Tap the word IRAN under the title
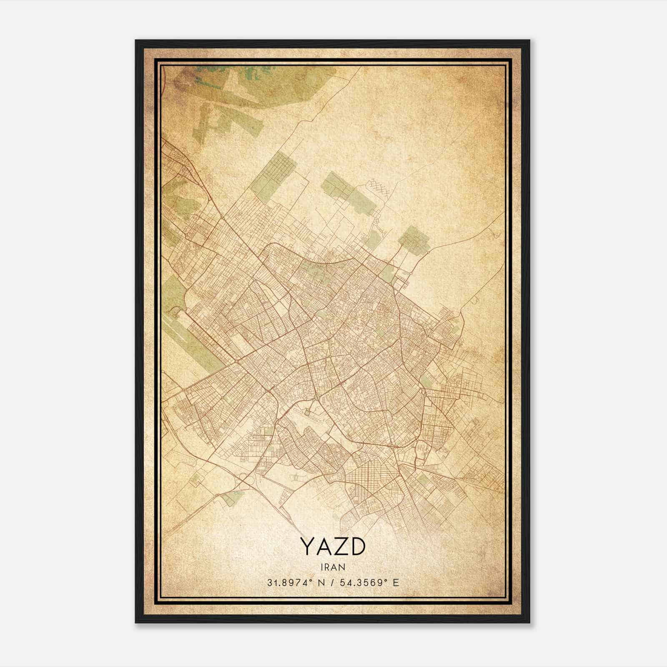click(333, 567)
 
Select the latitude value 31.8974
click(288, 582)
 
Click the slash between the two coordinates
click(332, 582)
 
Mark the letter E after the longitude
click(396, 582)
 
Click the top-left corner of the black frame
click(136, 41)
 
